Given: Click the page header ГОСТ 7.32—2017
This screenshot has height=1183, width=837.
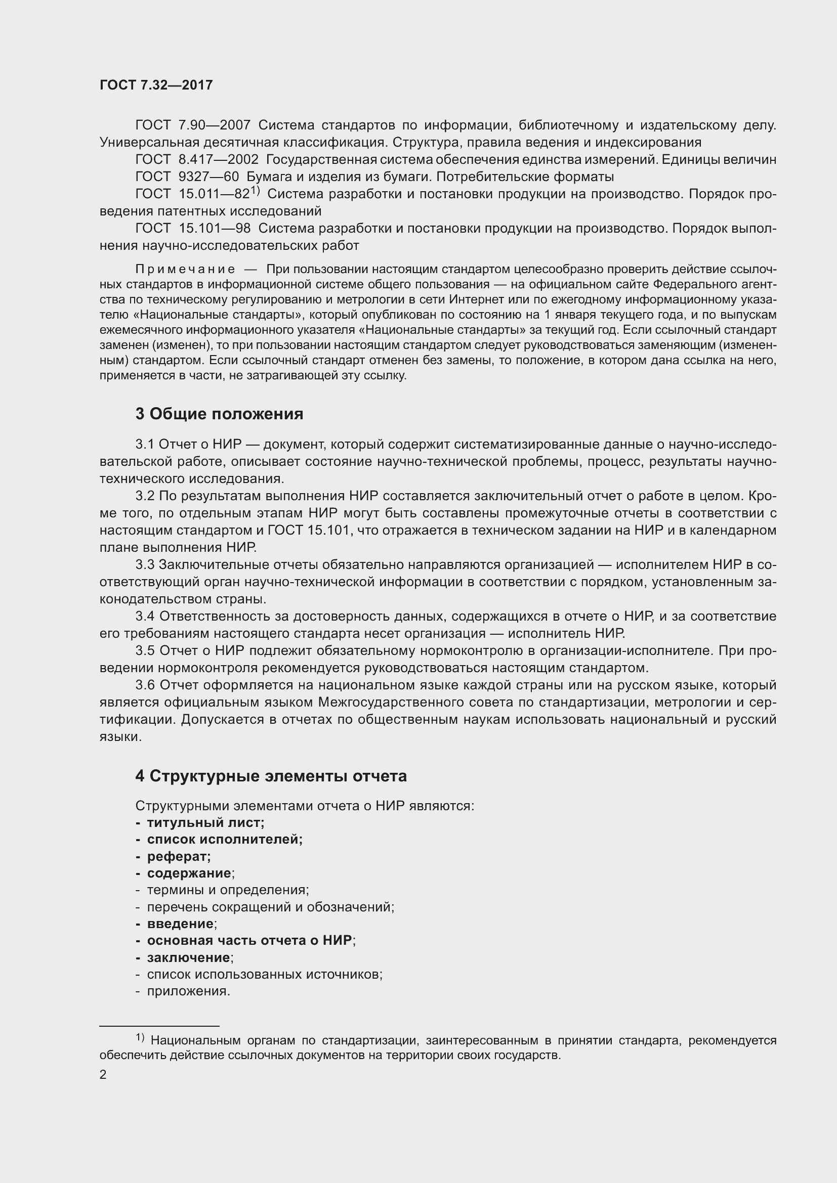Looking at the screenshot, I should pyautogui.click(x=156, y=85).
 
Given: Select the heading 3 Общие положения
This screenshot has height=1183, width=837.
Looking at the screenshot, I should pyautogui.click(x=219, y=414).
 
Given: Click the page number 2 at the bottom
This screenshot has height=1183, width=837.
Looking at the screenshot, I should pyautogui.click(x=103, y=1074).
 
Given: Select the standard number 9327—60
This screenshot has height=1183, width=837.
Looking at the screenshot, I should pyautogui.click(x=208, y=177).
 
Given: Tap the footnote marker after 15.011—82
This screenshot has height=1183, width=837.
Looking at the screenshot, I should pyautogui.click(x=255, y=191).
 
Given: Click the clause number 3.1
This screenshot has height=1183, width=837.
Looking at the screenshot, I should pyautogui.click(x=145, y=445).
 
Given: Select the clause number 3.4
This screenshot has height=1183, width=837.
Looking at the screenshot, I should pyautogui.click(x=145, y=616).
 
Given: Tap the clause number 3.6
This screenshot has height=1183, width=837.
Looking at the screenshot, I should pyautogui.click(x=145, y=685).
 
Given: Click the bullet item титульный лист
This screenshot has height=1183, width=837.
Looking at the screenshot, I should pyautogui.click(x=205, y=823).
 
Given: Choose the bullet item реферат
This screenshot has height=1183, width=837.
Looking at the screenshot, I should pyautogui.click(x=178, y=857).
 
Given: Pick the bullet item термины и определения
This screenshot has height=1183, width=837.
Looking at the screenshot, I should pyautogui.click(x=227, y=890).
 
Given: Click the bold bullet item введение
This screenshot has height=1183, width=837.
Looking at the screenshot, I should pyautogui.click(x=180, y=924).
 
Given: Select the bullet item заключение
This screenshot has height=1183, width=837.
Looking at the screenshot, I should pyautogui.click(x=189, y=957).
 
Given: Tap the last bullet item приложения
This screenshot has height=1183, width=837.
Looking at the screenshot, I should pyautogui.click(x=188, y=991).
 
